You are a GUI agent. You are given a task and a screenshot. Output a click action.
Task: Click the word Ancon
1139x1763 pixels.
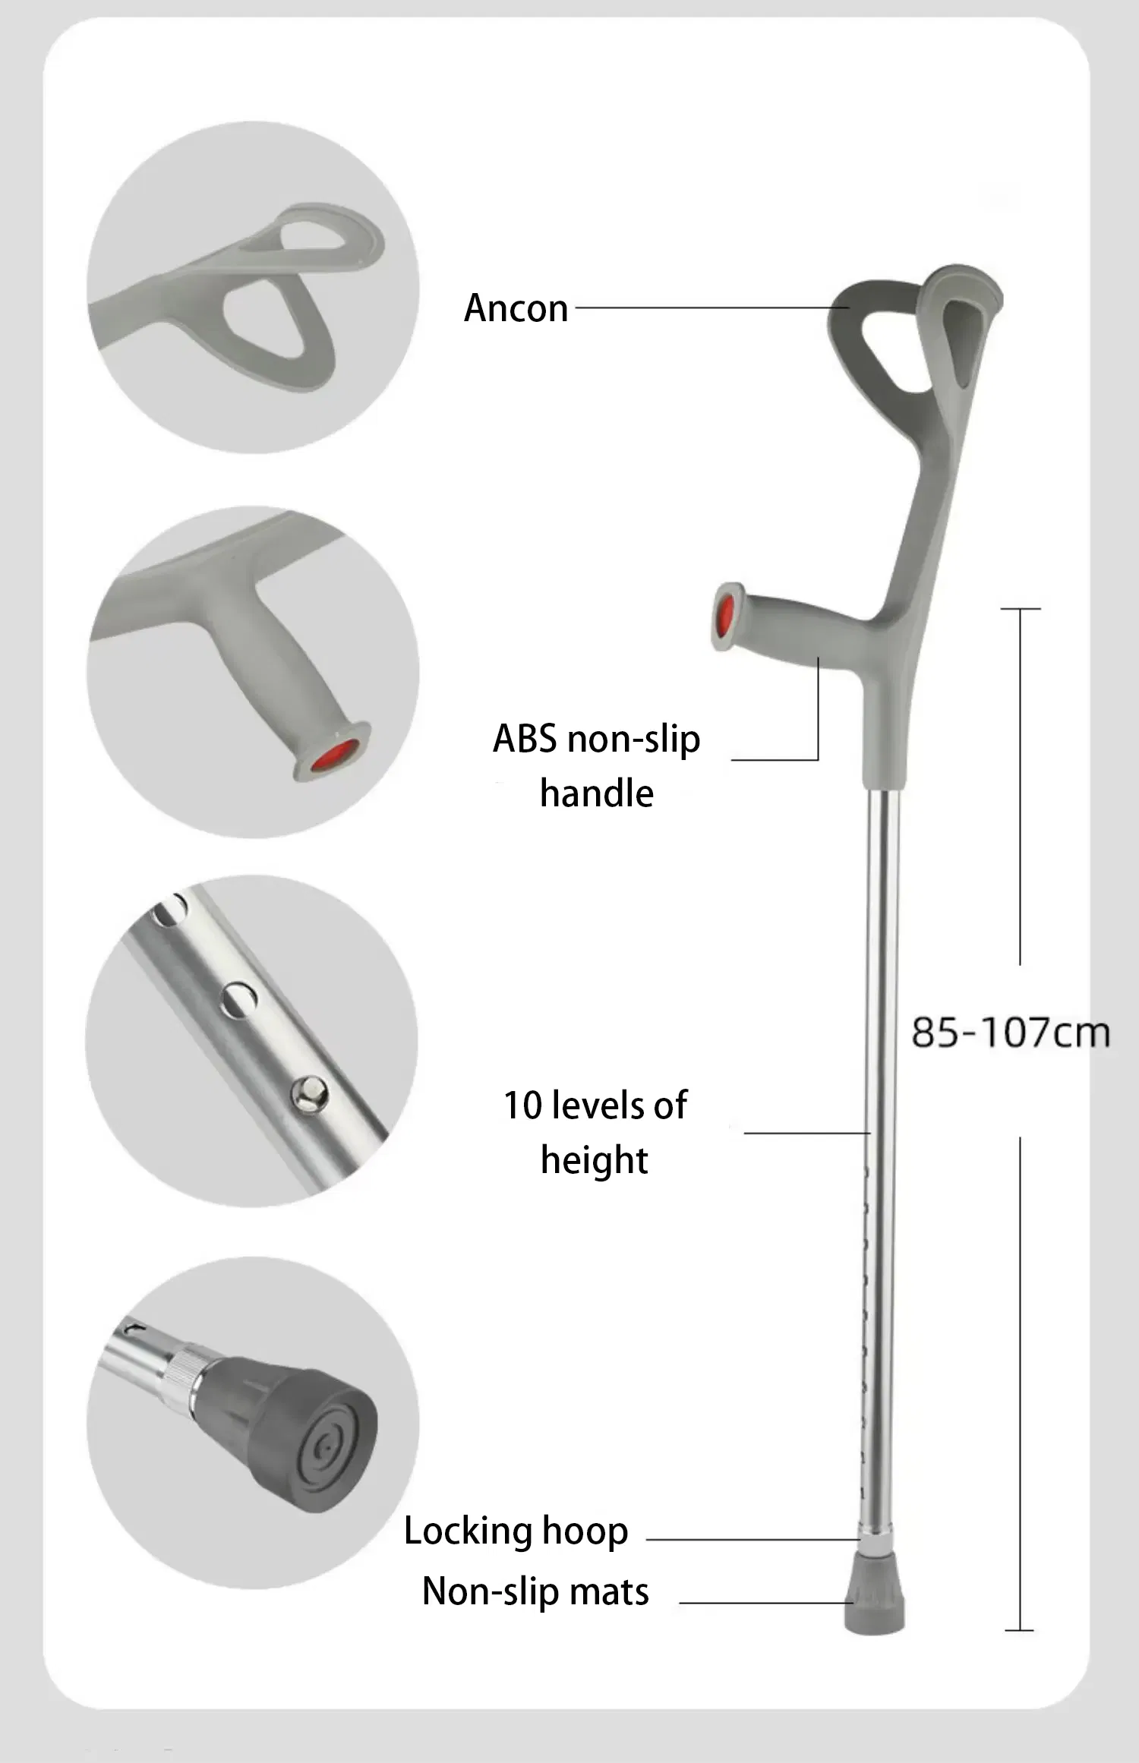click(516, 308)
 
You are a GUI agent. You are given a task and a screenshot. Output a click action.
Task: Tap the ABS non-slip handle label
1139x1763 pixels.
click(596, 765)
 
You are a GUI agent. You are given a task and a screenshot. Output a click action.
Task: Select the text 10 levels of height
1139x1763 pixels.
click(595, 1132)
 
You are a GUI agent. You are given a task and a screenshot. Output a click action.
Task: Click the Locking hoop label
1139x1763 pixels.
click(516, 1531)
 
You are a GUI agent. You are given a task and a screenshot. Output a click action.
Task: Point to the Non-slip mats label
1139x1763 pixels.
click(535, 1591)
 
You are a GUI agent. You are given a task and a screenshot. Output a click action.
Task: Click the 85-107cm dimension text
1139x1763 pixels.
click(1010, 1033)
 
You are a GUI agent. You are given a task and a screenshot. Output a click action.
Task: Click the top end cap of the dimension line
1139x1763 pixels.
click(1020, 609)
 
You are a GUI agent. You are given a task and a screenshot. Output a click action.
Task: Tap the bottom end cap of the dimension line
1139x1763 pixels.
click(1019, 1630)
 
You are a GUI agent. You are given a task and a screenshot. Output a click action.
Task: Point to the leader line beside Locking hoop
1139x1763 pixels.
click(752, 1540)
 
